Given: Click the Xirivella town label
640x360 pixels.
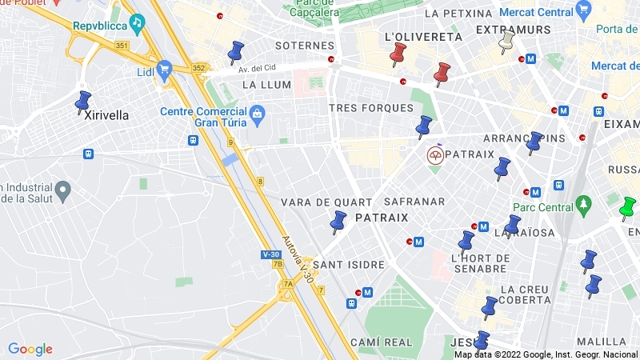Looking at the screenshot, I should point(106,114).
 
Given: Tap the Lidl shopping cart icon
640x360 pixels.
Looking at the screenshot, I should point(165,69).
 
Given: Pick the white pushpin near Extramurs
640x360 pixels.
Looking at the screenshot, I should point(506,41).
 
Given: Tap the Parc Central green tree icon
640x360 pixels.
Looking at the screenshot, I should point(585,206).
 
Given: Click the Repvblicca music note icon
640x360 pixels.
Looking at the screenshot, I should point(137,22).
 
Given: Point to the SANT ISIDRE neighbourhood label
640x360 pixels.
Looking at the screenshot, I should point(349,264).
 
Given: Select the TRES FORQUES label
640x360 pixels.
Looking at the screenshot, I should point(371,108).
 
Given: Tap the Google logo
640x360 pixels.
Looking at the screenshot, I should point(30,349).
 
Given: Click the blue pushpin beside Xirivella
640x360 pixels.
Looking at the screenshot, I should point(82,102).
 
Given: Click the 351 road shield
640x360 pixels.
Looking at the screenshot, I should point(122,46).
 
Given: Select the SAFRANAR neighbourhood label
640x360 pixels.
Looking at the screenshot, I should point(414,201).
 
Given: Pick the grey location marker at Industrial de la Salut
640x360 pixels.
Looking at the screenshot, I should point(62,190).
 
